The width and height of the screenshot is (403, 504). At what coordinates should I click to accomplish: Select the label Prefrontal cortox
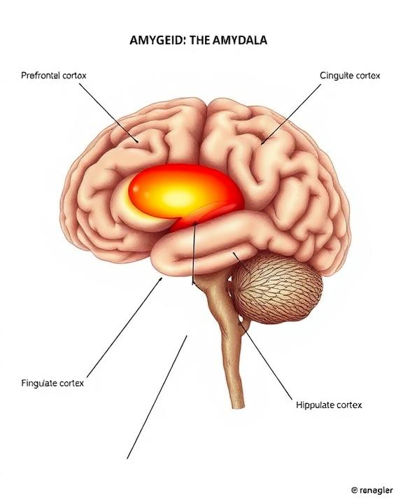pos(54,76)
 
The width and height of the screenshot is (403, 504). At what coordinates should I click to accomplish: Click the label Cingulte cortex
pos(350,76)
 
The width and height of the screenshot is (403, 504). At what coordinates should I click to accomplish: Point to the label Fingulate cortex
pos(52,383)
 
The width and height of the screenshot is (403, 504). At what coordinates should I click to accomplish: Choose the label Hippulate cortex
pos(329,405)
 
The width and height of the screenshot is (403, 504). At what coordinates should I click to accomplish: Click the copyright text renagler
pos(376,491)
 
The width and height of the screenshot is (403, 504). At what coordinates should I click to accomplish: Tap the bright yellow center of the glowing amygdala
pos(180,197)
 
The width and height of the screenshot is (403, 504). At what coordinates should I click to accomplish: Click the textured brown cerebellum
pos(278,288)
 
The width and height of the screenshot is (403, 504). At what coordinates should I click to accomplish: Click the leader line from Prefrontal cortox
pos(108,113)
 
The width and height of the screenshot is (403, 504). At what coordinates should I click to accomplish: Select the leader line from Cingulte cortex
pos(291,114)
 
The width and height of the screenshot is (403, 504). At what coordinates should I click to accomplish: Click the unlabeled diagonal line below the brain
pos(157,398)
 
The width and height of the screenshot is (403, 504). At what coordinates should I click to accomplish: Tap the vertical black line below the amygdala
pos(194,253)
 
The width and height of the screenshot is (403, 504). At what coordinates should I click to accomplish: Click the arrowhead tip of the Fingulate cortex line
pos(161,279)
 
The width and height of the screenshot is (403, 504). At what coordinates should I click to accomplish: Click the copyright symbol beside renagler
pos(354,491)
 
